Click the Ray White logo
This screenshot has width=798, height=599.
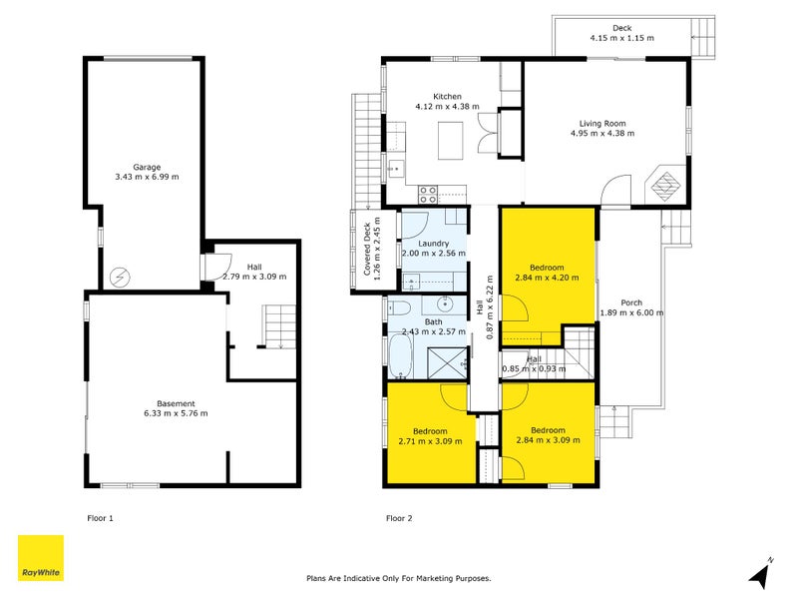[x=41, y=558]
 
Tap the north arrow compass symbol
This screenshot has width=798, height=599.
[x=762, y=572]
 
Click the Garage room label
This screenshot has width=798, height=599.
[x=147, y=167]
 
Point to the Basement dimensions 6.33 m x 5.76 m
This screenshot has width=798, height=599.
[x=176, y=413]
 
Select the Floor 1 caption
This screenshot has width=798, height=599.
[x=101, y=518]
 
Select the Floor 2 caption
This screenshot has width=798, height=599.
[x=399, y=518]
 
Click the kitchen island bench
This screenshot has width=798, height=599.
[x=451, y=140]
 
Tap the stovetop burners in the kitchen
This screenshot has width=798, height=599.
[x=428, y=195]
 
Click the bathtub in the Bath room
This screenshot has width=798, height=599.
[x=400, y=357]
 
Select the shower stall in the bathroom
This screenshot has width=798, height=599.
[x=447, y=363]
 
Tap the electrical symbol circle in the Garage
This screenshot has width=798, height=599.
[x=120, y=278]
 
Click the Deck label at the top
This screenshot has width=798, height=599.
[x=621, y=28]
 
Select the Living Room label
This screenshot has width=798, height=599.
[x=602, y=123]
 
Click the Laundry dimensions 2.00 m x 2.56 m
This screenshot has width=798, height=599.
[x=434, y=254]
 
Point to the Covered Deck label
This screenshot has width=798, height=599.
[x=367, y=249]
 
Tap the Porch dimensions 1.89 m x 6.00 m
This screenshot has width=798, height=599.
[x=631, y=312]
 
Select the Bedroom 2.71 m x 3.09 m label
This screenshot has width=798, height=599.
[x=431, y=436]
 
